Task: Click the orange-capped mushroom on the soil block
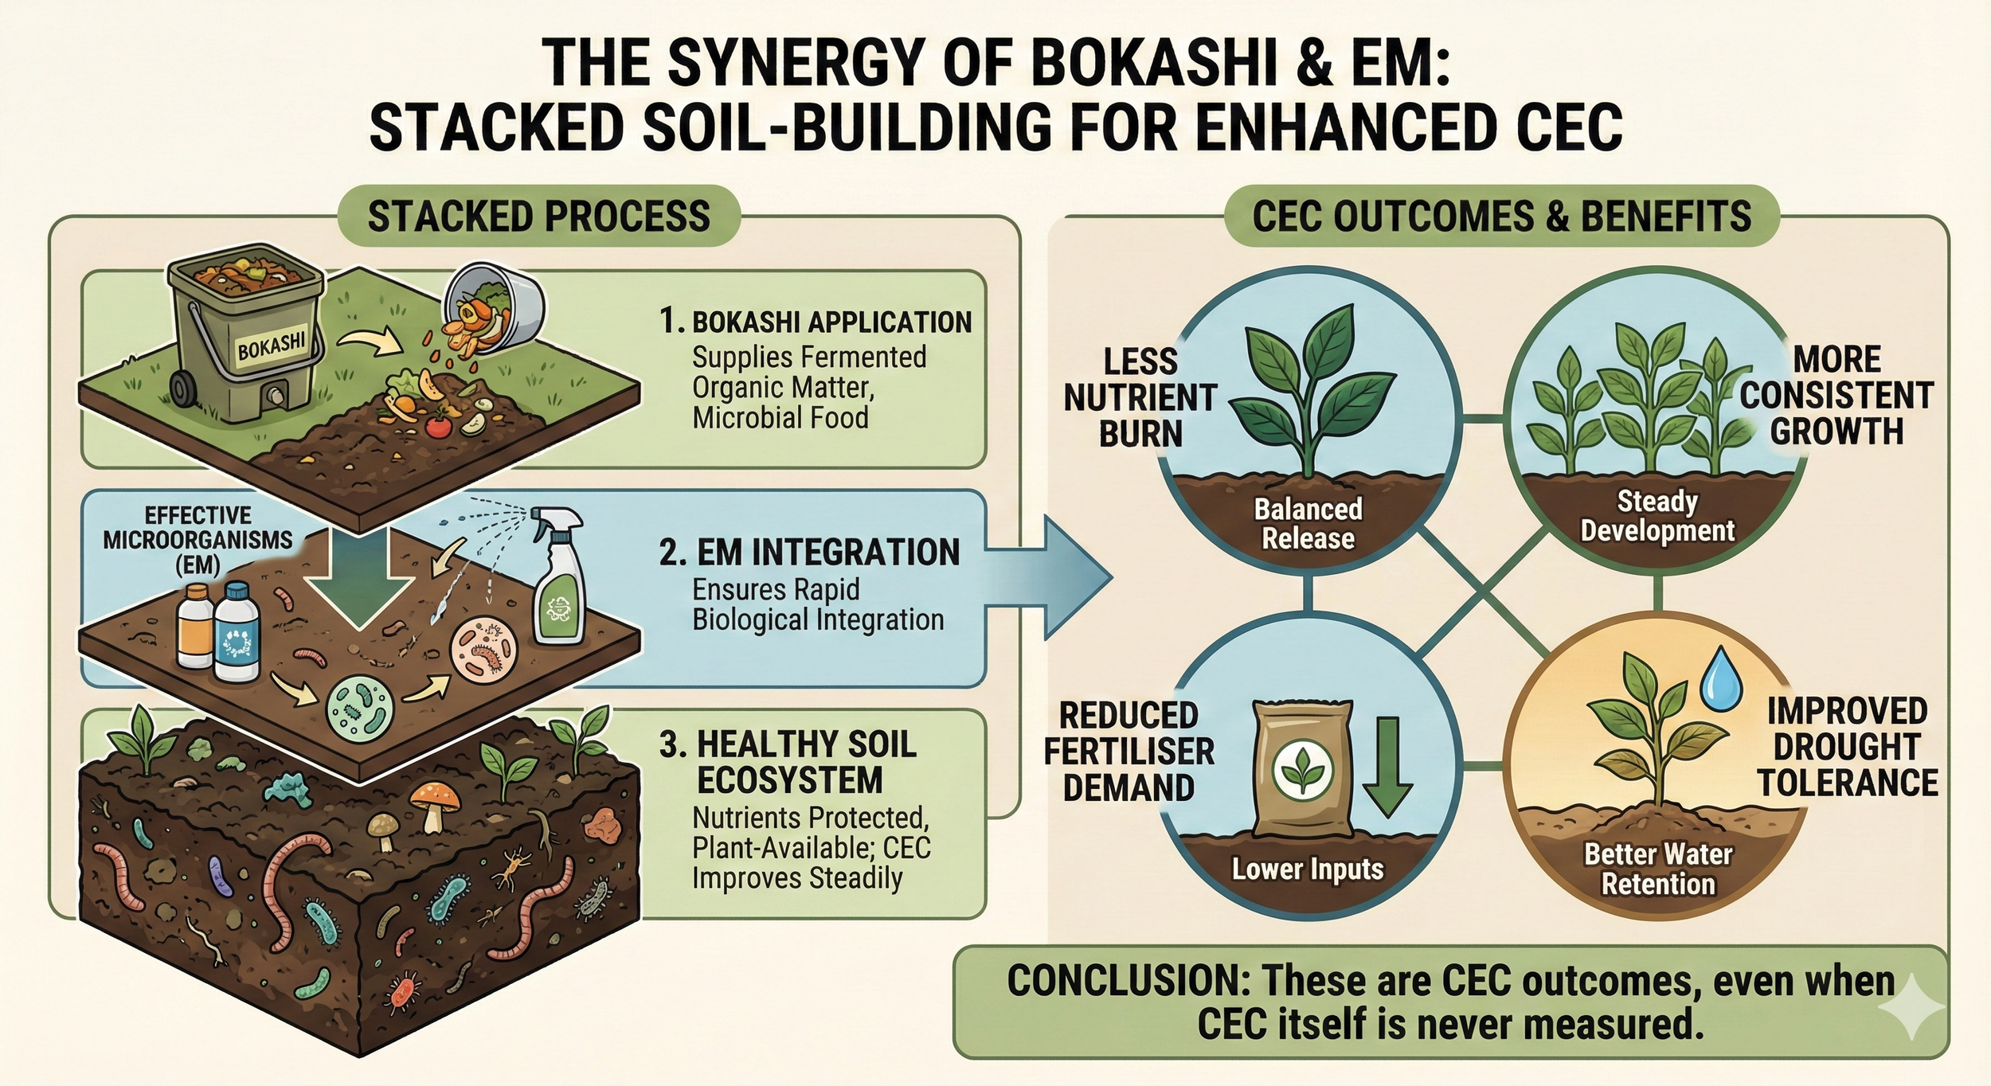433,800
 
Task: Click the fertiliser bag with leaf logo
1301,768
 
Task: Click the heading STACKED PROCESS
538,217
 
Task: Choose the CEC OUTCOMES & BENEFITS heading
1501,217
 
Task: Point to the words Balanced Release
1308,524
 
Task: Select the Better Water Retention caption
1658,869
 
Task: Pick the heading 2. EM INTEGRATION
809,553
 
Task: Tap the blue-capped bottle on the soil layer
237,633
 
